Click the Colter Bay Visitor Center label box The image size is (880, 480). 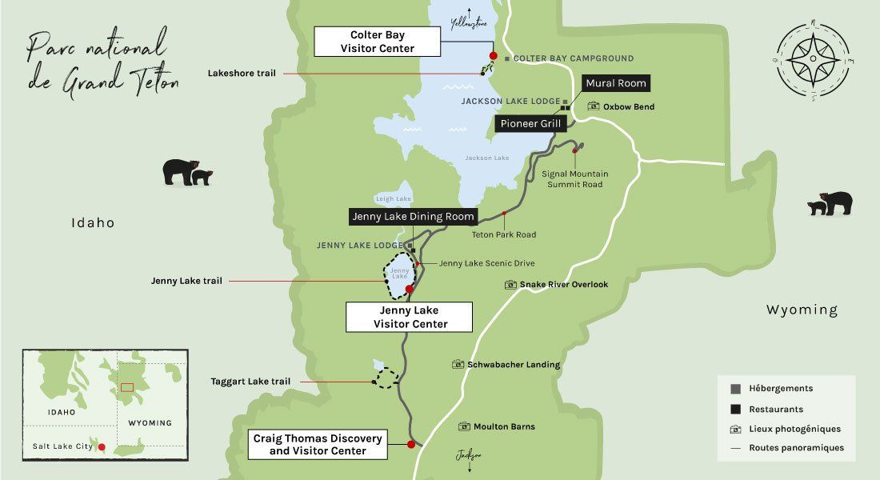(x=378, y=42)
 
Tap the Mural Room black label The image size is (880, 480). (x=614, y=83)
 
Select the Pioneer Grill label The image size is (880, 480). (x=531, y=124)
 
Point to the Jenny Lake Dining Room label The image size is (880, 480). (x=414, y=216)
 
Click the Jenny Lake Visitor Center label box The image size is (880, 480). (x=410, y=317)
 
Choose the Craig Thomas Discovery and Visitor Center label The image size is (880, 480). (x=318, y=444)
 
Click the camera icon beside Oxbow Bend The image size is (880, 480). (x=594, y=106)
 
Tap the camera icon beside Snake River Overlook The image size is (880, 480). (x=510, y=285)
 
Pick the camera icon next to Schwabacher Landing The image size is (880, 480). (x=458, y=365)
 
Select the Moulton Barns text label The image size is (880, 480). (x=504, y=426)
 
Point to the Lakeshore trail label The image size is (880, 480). (x=242, y=73)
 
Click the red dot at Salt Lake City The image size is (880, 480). (x=102, y=447)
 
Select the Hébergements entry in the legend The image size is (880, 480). (x=781, y=389)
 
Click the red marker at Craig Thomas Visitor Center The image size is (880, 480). (x=411, y=444)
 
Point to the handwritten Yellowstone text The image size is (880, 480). (x=469, y=24)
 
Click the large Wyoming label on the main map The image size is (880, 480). (x=802, y=310)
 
